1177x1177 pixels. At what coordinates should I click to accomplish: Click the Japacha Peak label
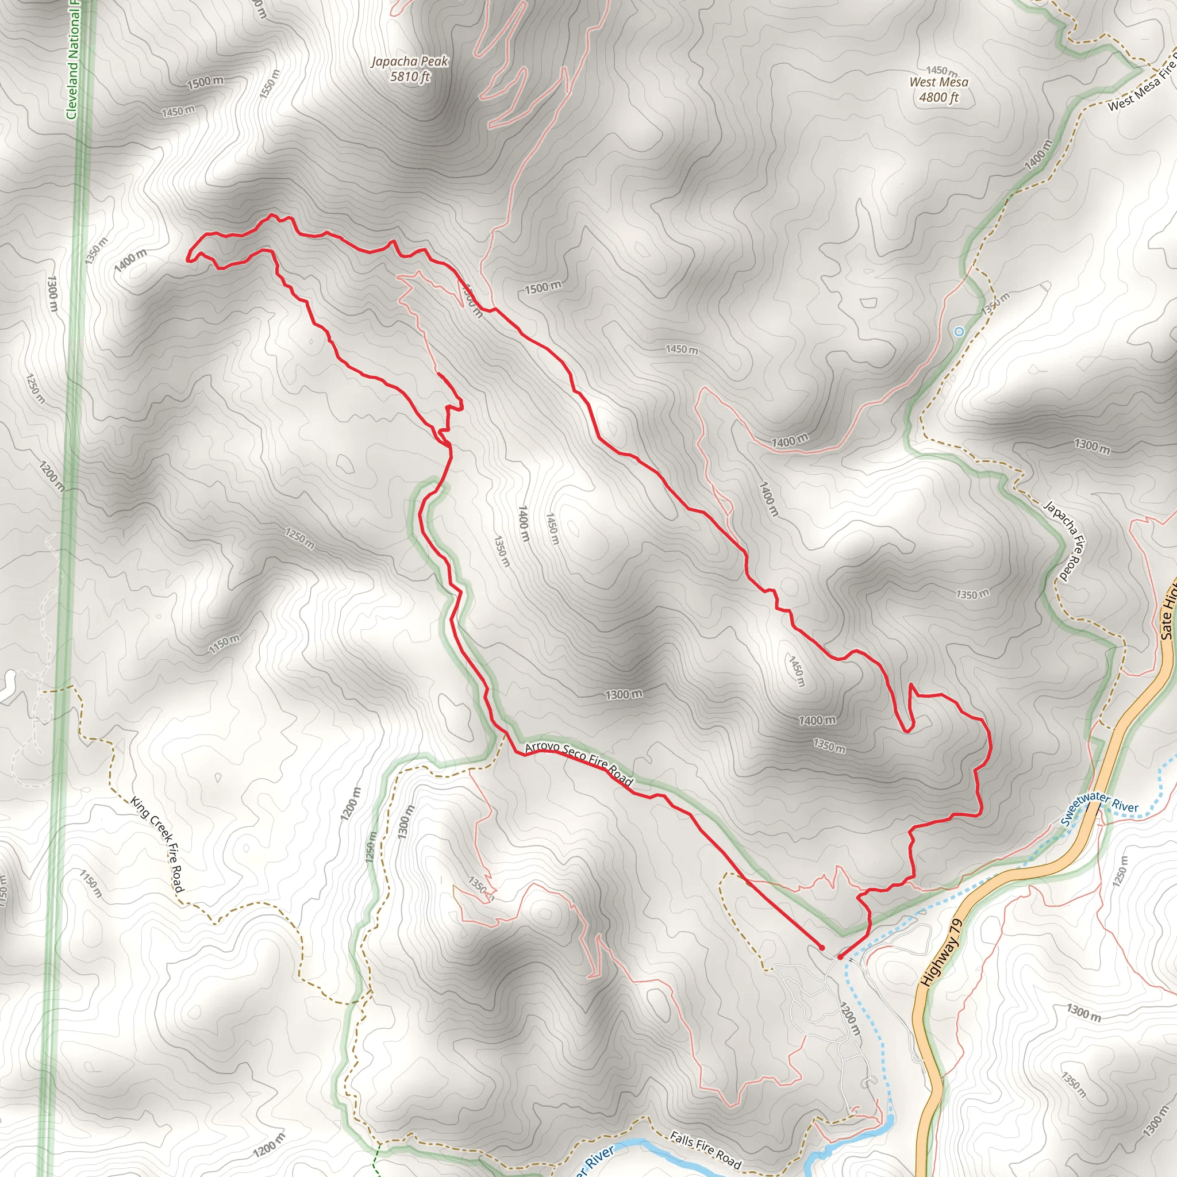[x=409, y=61]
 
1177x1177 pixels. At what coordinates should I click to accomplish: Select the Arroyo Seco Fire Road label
[x=579, y=763]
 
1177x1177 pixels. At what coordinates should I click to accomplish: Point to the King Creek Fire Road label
[x=157, y=844]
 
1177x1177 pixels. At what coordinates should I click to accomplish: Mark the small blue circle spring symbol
[x=960, y=332]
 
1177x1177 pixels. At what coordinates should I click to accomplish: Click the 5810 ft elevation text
[x=410, y=77]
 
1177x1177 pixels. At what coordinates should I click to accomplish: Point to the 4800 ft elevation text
[x=939, y=98]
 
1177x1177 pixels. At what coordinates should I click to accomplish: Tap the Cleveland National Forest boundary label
[x=73, y=61]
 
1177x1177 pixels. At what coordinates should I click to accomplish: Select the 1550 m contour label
[x=270, y=84]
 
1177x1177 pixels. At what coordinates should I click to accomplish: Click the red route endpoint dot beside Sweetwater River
[x=840, y=957]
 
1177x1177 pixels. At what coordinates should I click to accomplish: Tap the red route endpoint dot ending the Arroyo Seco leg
[x=822, y=948]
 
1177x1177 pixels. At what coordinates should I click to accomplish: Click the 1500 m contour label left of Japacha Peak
[x=205, y=82]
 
